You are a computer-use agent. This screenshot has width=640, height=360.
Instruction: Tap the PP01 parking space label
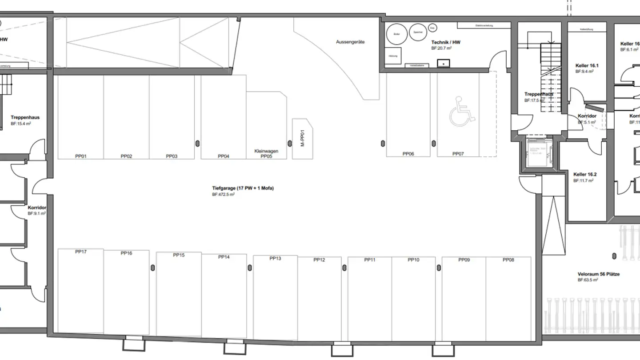pos(81,156)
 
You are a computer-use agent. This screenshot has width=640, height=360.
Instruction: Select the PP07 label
pos(458,154)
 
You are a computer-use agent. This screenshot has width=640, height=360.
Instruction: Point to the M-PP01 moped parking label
pos(302,138)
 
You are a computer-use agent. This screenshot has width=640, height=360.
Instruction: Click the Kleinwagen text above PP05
pos(266,151)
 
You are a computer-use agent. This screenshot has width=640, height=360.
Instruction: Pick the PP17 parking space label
pos(81,252)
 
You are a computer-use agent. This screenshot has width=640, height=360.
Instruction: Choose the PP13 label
pos(276,258)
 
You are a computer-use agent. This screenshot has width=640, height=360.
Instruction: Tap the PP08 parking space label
pos(508,260)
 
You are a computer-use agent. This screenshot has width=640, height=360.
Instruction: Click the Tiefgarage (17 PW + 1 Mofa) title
pos(243,188)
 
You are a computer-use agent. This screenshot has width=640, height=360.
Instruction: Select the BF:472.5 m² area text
pos(223,195)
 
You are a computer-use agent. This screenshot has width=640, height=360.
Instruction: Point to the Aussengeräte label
pos(350,42)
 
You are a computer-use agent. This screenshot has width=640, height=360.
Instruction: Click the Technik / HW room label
pos(446,42)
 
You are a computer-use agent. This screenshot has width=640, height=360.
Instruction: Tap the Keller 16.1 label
pos(587,65)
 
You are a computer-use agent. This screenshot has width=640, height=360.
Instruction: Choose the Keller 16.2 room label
pos(585,175)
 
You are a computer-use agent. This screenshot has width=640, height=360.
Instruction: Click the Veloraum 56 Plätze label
pos(599,274)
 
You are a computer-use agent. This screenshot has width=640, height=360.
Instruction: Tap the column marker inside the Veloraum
pos(614,256)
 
